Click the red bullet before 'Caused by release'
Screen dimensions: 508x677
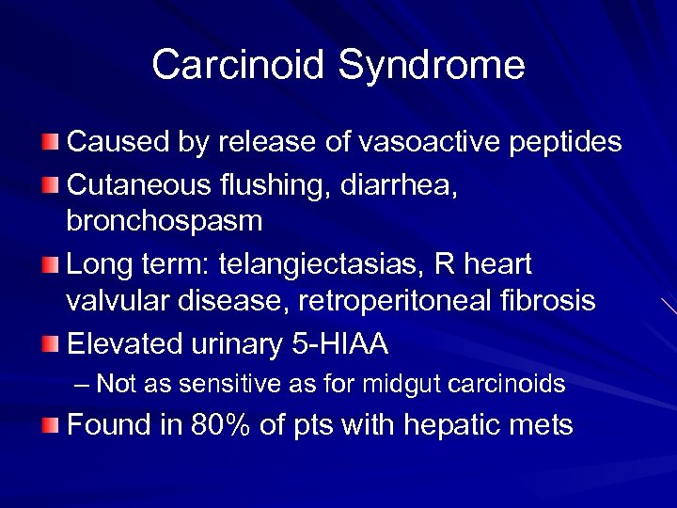click(53, 143)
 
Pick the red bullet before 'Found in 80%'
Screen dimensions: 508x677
click(53, 425)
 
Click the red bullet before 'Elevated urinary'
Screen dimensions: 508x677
click(53, 345)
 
